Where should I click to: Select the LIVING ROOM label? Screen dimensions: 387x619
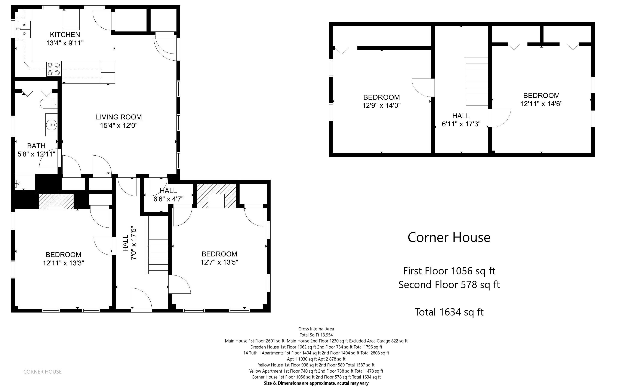[x=119, y=117]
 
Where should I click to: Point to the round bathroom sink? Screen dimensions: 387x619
[x=52, y=125]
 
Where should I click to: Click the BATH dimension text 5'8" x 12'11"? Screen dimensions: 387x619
[x=36, y=154]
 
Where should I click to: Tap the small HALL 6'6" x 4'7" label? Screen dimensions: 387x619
[x=168, y=195]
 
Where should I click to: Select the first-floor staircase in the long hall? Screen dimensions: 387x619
[x=158, y=255]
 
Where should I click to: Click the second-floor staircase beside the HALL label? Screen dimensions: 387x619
[x=476, y=82]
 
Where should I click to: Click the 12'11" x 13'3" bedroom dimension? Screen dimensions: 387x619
[x=63, y=263]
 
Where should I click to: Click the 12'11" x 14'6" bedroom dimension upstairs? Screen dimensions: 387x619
[x=541, y=104]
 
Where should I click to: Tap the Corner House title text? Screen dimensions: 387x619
[x=449, y=237]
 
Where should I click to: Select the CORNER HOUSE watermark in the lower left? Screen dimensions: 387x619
[x=42, y=372]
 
